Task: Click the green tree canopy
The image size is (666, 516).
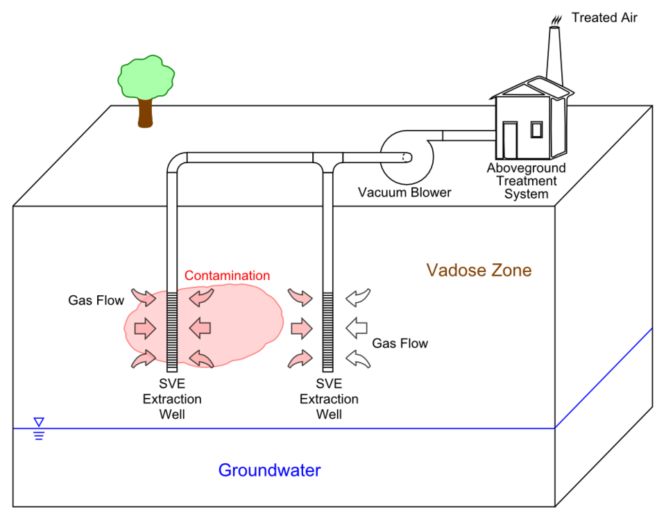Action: coord(146,77)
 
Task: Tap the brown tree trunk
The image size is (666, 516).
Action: coord(145,113)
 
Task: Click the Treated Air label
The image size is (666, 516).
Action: coord(604,17)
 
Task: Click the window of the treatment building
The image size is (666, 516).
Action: coord(536,129)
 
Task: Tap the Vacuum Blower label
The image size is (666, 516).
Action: coord(404,192)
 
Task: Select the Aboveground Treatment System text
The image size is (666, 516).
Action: coord(526,181)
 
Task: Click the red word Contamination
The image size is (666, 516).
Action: coord(227,276)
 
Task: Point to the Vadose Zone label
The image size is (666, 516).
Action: coord(479,270)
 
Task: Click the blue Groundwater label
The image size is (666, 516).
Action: coord(269,470)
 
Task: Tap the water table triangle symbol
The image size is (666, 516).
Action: coord(39,422)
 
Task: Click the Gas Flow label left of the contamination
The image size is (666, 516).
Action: coord(96,301)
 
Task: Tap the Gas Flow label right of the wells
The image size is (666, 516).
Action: coord(400,343)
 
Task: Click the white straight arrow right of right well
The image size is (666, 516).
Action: coord(356,326)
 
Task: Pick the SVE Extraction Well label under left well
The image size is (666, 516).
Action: coord(172,399)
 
